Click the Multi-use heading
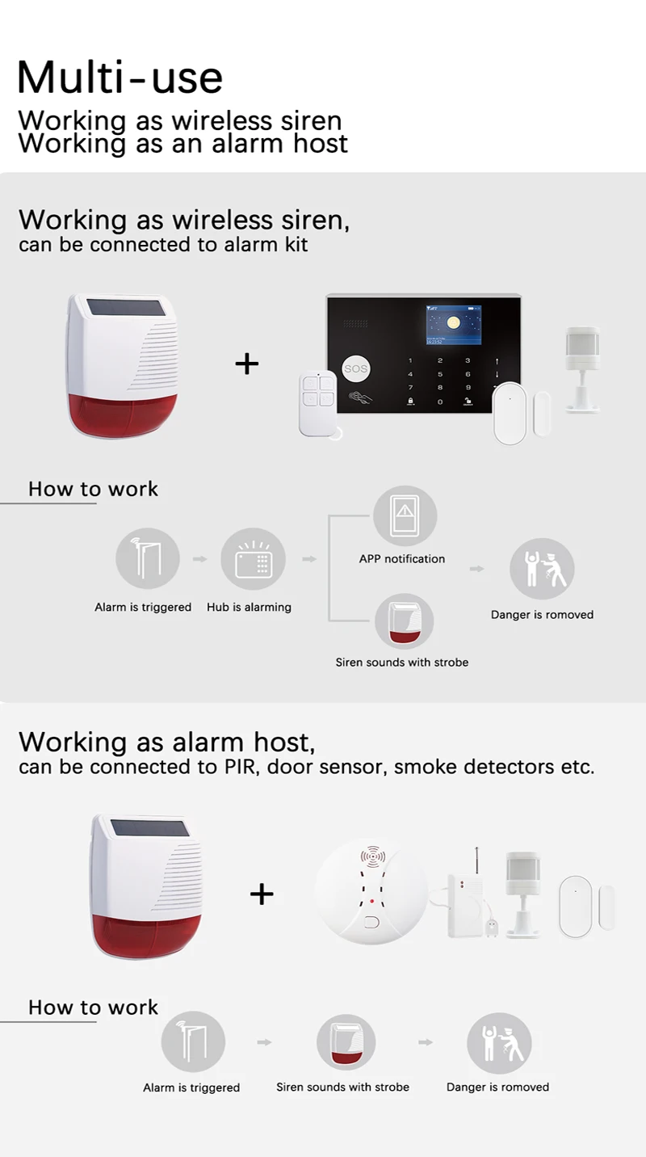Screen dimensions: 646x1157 click(120, 77)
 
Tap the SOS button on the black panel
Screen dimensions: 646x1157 click(355, 368)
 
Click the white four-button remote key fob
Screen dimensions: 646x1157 click(317, 403)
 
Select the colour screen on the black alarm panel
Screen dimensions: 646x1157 click(453, 326)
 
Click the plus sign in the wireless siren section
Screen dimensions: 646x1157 click(246, 364)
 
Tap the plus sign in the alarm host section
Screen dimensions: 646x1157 click(262, 894)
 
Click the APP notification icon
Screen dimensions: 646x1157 click(405, 515)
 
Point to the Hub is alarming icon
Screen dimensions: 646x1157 click(253, 559)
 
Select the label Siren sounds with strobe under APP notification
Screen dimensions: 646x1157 click(401, 663)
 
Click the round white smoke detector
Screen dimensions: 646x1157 click(371, 892)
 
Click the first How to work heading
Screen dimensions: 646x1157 click(93, 489)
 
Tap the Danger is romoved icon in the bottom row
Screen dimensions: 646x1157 click(499, 1043)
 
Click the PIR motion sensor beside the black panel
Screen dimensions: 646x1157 click(582, 368)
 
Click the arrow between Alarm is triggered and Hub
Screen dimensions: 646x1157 click(199, 558)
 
